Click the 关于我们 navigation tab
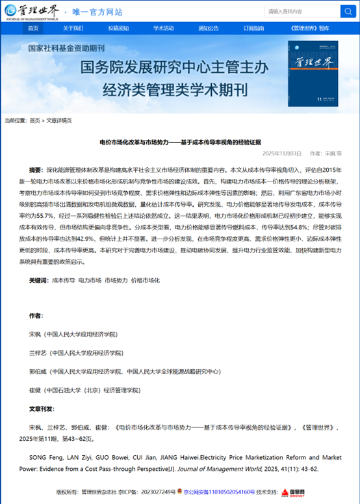click(x=73, y=28)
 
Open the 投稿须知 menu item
click(x=118, y=28)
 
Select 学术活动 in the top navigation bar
click(x=163, y=28)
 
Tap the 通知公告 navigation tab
click(x=209, y=28)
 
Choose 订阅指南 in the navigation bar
click(x=253, y=28)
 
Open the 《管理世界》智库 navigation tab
click(x=306, y=28)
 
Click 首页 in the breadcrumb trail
click(x=34, y=120)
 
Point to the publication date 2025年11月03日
click(x=282, y=153)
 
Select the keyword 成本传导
click(x=63, y=280)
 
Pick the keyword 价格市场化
click(x=146, y=280)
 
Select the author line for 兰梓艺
click(x=73, y=353)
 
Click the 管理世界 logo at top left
click(x=32, y=11)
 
